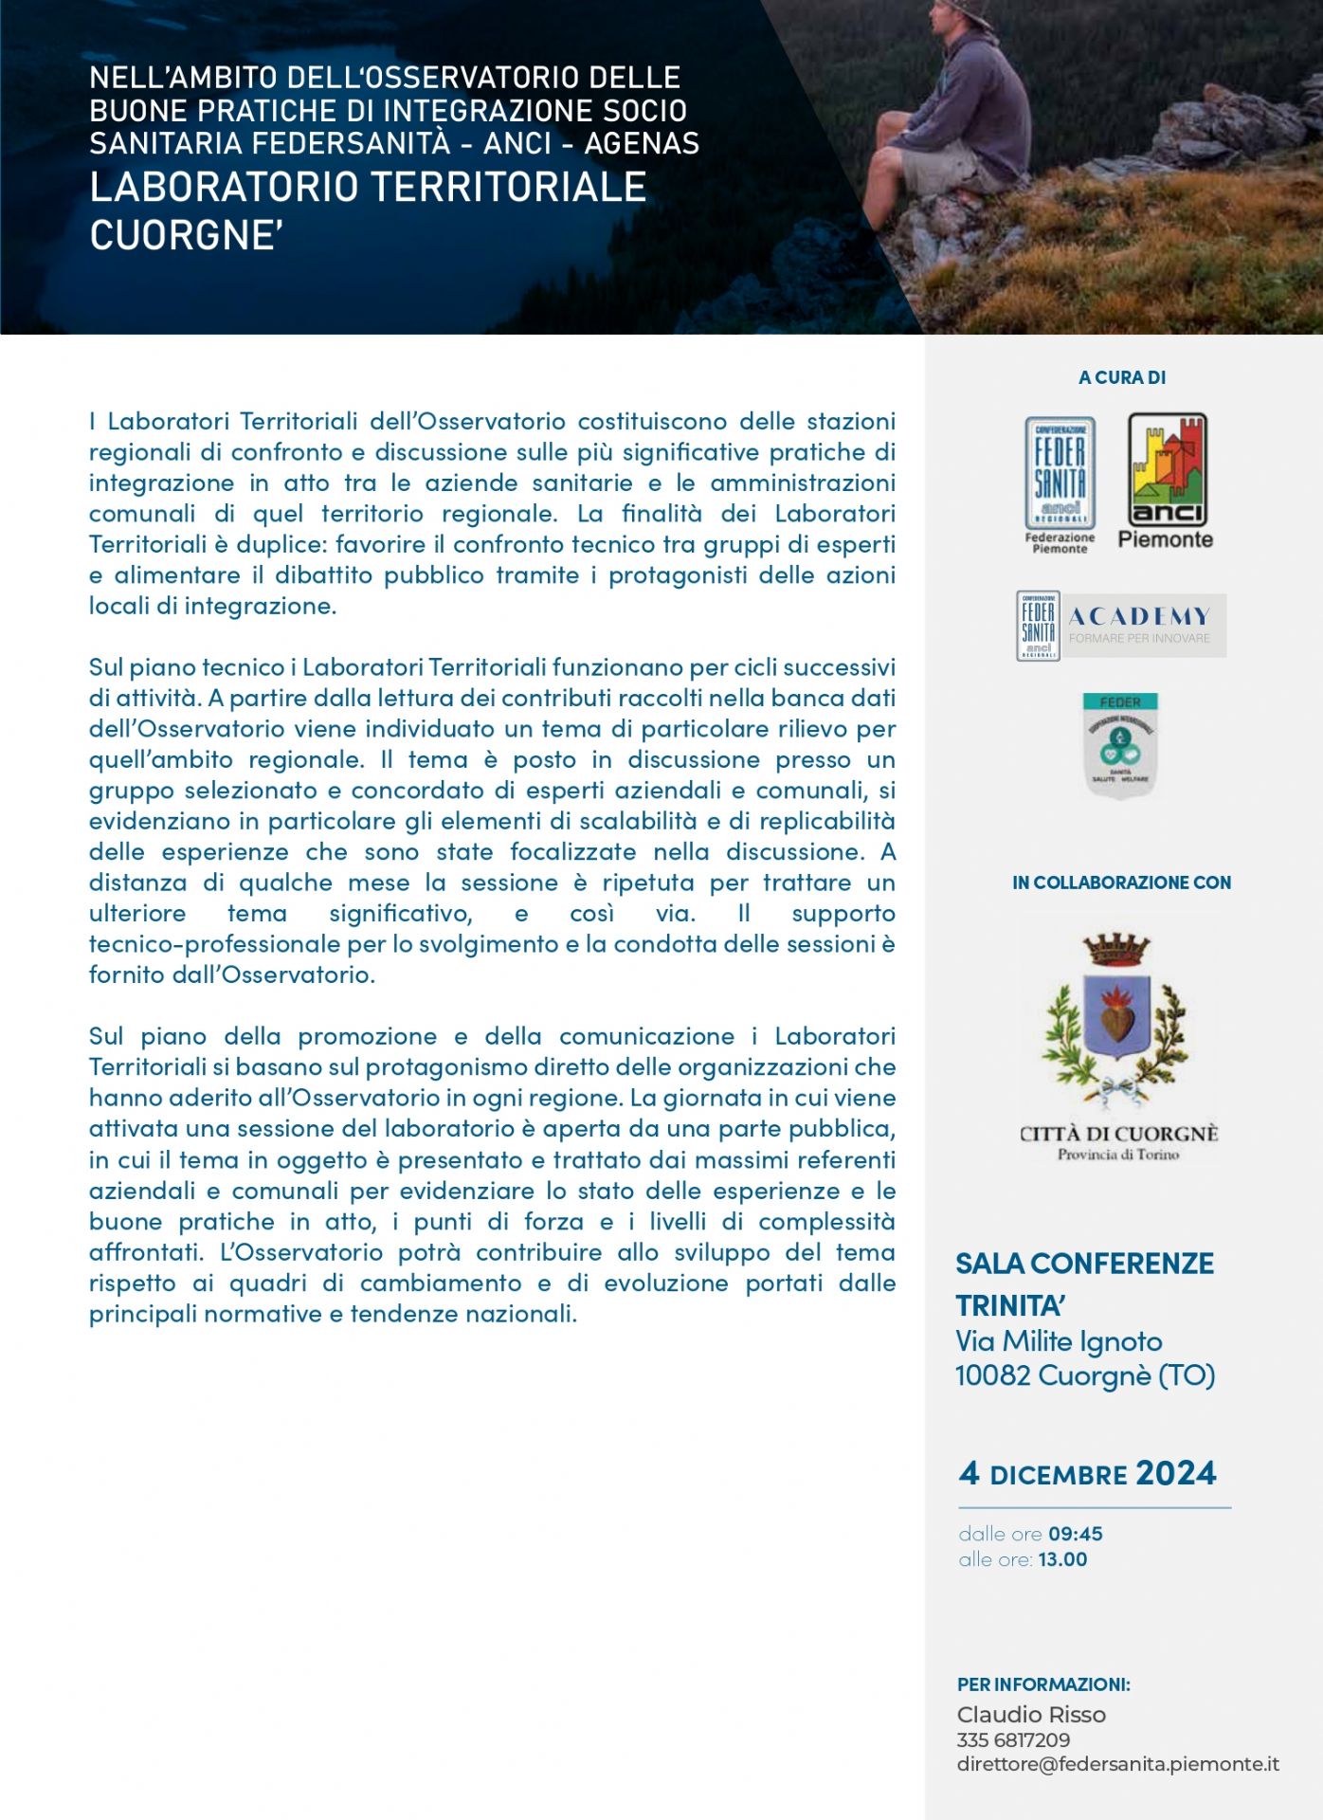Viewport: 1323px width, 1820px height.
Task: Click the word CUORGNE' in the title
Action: [x=187, y=235]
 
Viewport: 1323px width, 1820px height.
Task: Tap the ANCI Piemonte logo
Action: [x=1166, y=481]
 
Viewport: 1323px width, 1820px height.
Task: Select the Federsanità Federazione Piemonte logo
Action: [x=1060, y=484]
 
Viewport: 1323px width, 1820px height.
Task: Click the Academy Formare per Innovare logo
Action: [x=1121, y=626]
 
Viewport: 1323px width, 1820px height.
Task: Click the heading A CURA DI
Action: [x=1122, y=377]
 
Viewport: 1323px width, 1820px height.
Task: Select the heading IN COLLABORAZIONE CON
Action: [x=1121, y=883]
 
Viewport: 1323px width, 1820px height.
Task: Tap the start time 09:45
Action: [x=1076, y=1534]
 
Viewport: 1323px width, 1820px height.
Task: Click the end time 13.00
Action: [x=1062, y=1559]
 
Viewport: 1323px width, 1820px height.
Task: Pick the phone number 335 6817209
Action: [x=1013, y=1740]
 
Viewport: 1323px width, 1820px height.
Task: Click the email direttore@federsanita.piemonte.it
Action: [x=1117, y=1764]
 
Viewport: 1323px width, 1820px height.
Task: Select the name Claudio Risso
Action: [x=1031, y=1715]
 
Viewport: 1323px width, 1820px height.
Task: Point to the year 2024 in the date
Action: [x=1175, y=1473]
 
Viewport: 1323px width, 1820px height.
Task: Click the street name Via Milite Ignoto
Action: [x=1059, y=1341]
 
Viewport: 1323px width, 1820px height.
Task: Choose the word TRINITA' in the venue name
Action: [x=1010, y=1306]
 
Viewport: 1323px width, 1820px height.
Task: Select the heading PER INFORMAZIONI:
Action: [x=1043, y=1684]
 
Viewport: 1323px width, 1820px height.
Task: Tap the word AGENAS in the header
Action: [x=642, y=143]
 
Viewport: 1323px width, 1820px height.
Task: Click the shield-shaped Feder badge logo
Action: [x=1120, y=744]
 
